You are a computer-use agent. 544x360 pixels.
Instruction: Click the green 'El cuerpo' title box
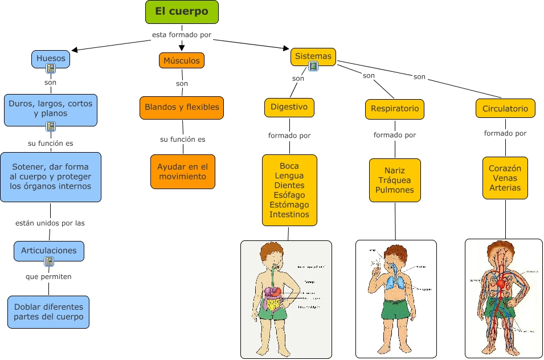181,12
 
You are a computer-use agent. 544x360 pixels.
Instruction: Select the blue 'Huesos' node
51,58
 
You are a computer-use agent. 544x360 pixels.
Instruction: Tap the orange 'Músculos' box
181,60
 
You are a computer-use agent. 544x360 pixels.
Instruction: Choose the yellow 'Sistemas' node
313,56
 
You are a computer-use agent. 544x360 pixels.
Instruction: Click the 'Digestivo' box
289,107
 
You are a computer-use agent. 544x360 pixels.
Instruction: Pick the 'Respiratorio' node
395,108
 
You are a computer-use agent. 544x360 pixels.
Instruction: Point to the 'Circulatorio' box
505,108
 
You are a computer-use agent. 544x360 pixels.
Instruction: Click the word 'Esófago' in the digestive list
289,195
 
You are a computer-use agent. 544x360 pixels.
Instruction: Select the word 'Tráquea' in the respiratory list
395,180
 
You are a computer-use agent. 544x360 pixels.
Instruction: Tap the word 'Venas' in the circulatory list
505,178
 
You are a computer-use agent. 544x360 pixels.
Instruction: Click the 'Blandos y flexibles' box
182,107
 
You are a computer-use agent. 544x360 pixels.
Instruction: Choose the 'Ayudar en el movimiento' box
182,171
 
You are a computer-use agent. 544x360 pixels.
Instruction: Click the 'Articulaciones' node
48,251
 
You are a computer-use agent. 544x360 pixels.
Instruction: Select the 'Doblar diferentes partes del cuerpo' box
48,312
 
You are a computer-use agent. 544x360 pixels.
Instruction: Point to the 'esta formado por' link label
182,35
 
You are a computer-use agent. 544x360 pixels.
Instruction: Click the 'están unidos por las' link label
50,223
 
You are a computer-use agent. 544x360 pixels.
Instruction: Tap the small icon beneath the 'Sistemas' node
313,67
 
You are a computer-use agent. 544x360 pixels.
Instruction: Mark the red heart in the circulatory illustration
501,282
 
